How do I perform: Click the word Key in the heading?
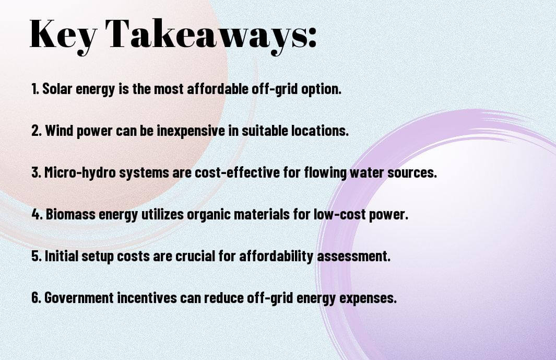tap(63, 35)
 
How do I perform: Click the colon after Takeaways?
tap(311, 37)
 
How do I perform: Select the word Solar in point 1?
tap(57, 89)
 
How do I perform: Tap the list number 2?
tap(36, 131)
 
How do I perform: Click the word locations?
tap(320, 131)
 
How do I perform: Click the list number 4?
tap(37, 214)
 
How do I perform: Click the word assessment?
tap(353, 257)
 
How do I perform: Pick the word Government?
tap(79, 297)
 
